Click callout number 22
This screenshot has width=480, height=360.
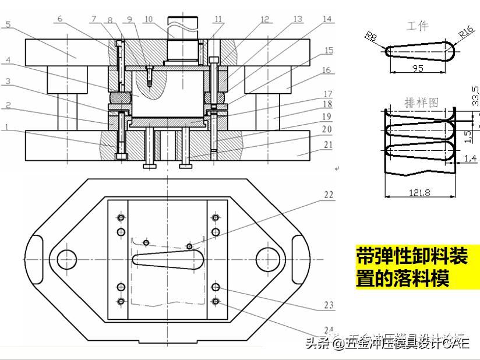[x=329, y=195]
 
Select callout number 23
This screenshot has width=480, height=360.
[x=329, y=305]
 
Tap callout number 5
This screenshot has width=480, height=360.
[x=8, y=24]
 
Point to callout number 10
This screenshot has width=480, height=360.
[x=148, y=19]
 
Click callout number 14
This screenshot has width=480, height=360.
[x=327, y=19]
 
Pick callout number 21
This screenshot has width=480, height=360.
[x=327, y=145]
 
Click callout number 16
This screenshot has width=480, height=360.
[x=327, y=70]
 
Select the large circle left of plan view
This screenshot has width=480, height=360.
[x=67, y=259]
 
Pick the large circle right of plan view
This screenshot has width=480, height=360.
[x=266, y=259]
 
